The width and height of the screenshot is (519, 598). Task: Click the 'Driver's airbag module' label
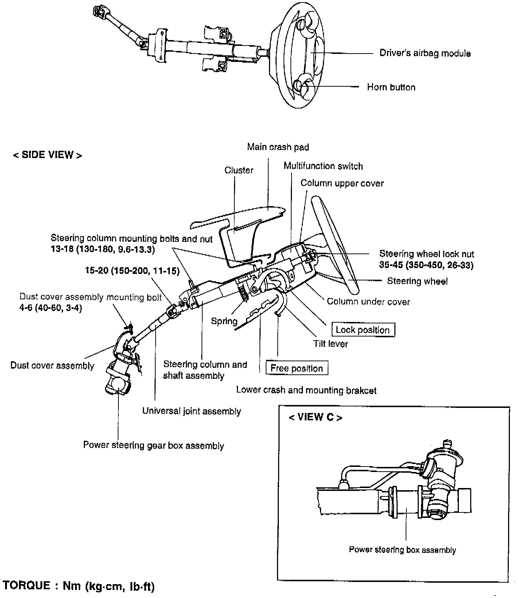pos(425,53)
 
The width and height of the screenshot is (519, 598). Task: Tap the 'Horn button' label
pos(391,87)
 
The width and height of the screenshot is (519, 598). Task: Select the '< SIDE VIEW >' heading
pos(47,155)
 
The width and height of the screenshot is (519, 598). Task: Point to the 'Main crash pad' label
pos(278,147)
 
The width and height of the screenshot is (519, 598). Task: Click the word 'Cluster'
pos(239,170)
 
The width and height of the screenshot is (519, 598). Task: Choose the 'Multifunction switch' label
pos(323,166)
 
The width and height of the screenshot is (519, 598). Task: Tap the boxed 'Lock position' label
pos(363,330)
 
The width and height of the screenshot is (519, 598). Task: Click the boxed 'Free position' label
pos(297,368)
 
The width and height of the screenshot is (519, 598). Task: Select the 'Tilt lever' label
pos(330,344)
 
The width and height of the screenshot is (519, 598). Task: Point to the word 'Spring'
pos(224,321)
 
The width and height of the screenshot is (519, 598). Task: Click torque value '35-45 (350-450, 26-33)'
pos(426,265)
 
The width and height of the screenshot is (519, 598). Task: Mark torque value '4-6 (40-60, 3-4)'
pos(51,308)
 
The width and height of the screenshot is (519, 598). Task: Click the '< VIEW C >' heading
pos(315,417)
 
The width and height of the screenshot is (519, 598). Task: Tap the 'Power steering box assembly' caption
pos(402,550)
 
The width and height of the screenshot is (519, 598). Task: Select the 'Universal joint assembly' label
pos(191,411)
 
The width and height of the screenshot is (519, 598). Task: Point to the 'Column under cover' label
pos(368,302)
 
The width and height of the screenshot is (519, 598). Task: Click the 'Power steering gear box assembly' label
pos(153,445)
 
